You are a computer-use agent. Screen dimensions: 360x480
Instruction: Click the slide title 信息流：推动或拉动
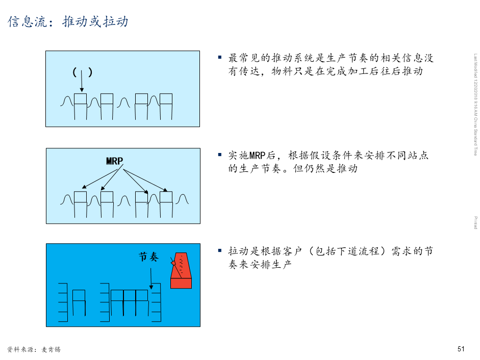tap(68, 22)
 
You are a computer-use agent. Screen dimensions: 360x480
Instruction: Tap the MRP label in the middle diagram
tap(114, 161)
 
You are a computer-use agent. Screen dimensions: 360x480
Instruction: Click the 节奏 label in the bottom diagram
tap(149, 257)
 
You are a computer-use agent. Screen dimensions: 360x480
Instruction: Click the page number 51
tap(461, 349)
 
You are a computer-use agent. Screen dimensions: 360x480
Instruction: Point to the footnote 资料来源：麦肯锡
tap(34, 349)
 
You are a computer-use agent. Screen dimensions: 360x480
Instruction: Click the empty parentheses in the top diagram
tap(82, 72)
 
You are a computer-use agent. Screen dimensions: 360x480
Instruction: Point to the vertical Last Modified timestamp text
tap(475, 105)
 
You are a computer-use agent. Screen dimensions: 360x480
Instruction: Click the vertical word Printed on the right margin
tap(475, 222)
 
